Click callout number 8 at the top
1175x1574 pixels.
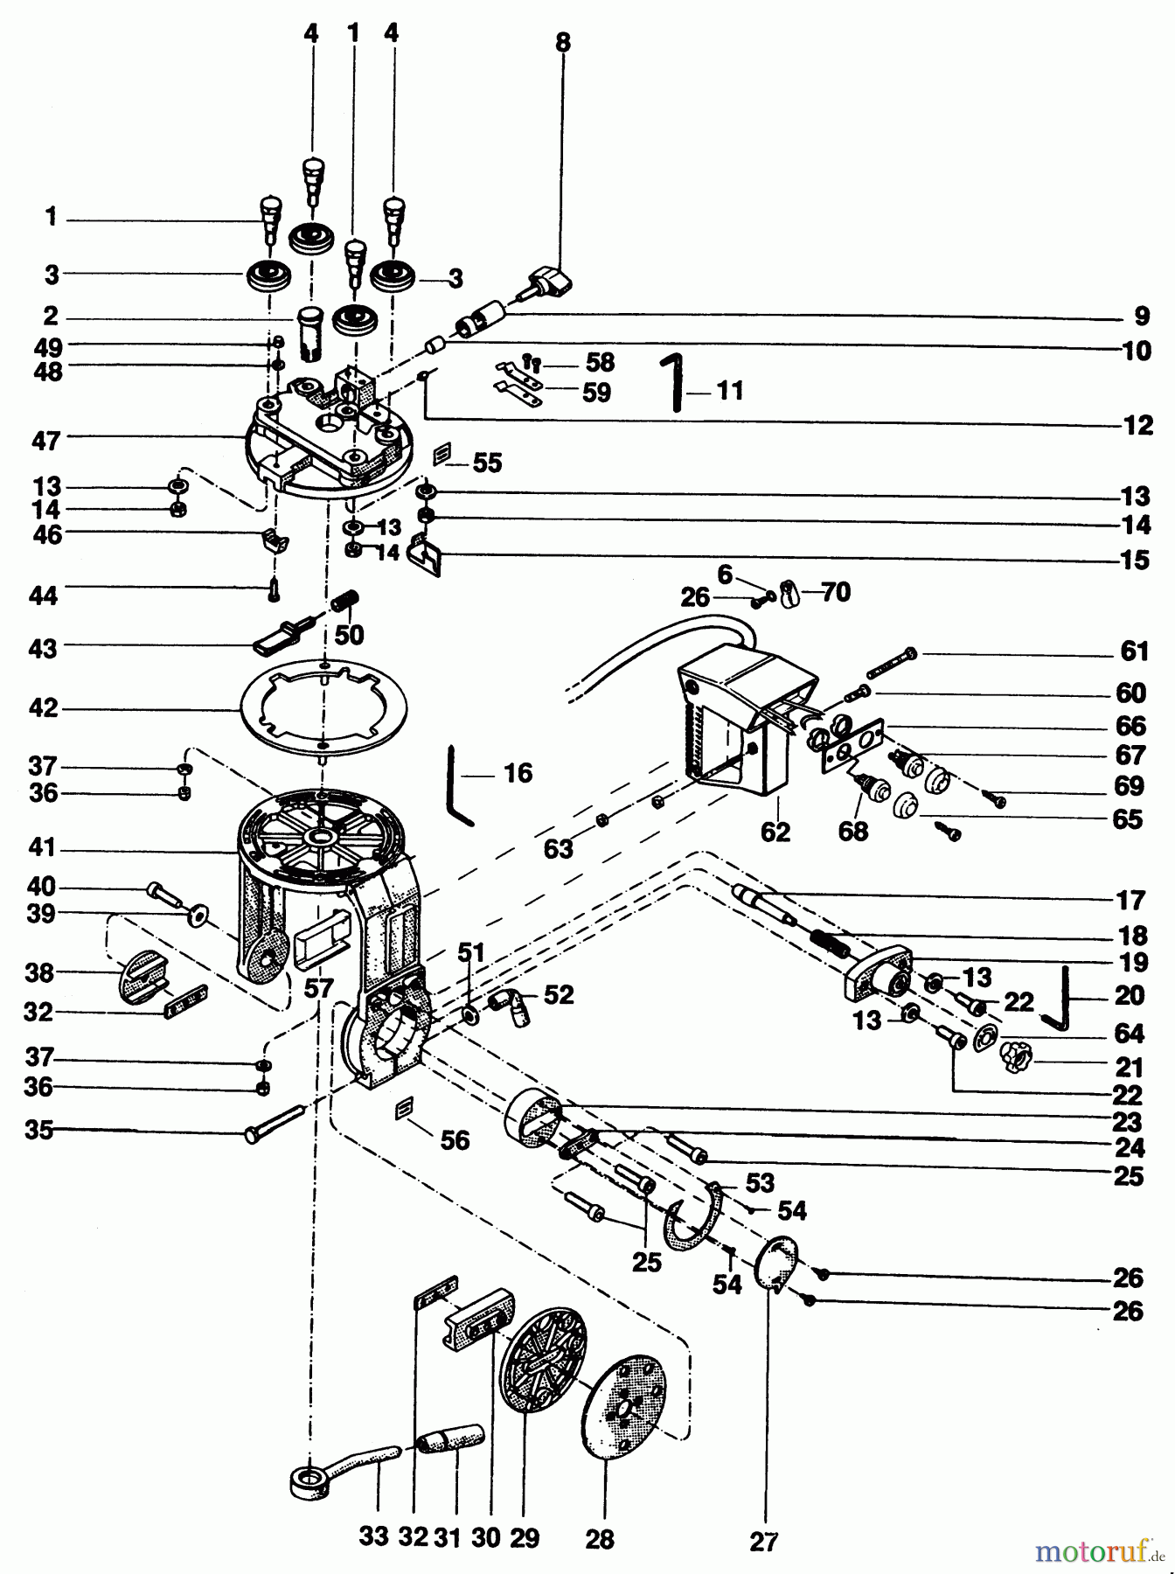pos(562,41)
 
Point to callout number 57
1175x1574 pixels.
pos(319,989)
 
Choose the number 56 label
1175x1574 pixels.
pos(455,1140)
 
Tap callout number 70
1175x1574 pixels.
pos(835,592)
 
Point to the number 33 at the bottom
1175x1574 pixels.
pos(373,1536)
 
